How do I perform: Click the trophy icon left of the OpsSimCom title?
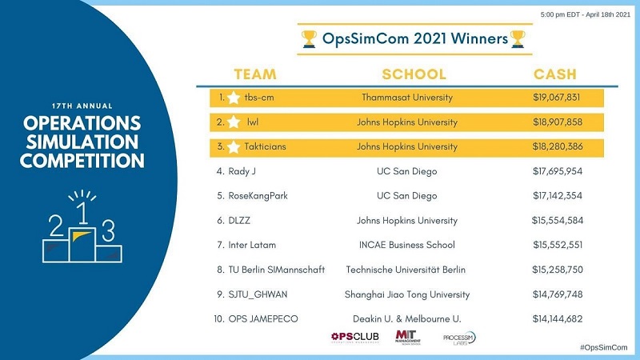pyautogui.click(x=309, y=38)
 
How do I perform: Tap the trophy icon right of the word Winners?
pyautogui.click(x=518, y=38)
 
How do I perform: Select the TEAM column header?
pyautogui.click(x=255, y=74)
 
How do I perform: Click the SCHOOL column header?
pyautogui.click(x=414, y=74)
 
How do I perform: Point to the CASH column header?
pyautogui.click(x=555, y=74)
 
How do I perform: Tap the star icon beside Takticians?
pyautogui.click(x=233, y=147)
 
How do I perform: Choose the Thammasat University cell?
pyautogui.click(x=406, y=98)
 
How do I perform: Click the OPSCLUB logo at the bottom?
pyautogui.click(x=355, y=338)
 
